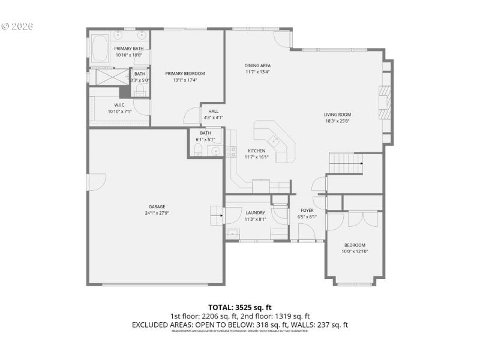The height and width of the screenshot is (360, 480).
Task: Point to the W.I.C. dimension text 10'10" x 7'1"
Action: tap(119, 111)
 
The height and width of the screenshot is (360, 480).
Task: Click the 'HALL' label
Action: tap(213, 111)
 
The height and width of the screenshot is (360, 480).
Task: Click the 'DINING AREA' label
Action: tap(257, 65)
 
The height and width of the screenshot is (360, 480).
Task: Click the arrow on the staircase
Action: tap(361, 163)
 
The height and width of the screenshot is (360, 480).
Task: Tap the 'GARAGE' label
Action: tap(157, 207)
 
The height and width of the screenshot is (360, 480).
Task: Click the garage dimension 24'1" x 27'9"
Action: tap(157, 213)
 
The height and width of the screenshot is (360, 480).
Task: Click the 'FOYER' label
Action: tap(307, 211)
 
